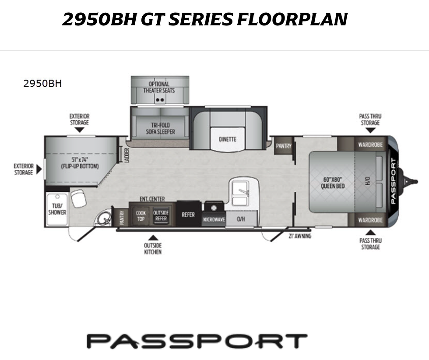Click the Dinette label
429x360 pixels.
(227, 139)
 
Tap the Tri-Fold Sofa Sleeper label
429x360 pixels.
(160, 128)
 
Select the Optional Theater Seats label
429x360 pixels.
(159, 87)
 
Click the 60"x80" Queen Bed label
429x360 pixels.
(333, 183)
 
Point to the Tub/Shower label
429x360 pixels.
(57, 209)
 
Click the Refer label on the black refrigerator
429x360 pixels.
(188, 215)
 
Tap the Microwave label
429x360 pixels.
(214, 219)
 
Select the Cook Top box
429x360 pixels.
(141, 216)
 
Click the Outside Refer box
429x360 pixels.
(161, 216)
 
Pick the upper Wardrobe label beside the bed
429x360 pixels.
(370, 145)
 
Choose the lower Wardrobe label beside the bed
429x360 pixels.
(370, 220)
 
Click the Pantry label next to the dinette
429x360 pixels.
(284, 146)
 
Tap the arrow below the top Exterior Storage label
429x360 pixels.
(79, 130)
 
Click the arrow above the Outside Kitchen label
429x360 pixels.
(153, 238)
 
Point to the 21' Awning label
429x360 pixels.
(300, 236)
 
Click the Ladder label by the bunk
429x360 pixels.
(127, 155)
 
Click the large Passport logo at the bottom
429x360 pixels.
(197, 341)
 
